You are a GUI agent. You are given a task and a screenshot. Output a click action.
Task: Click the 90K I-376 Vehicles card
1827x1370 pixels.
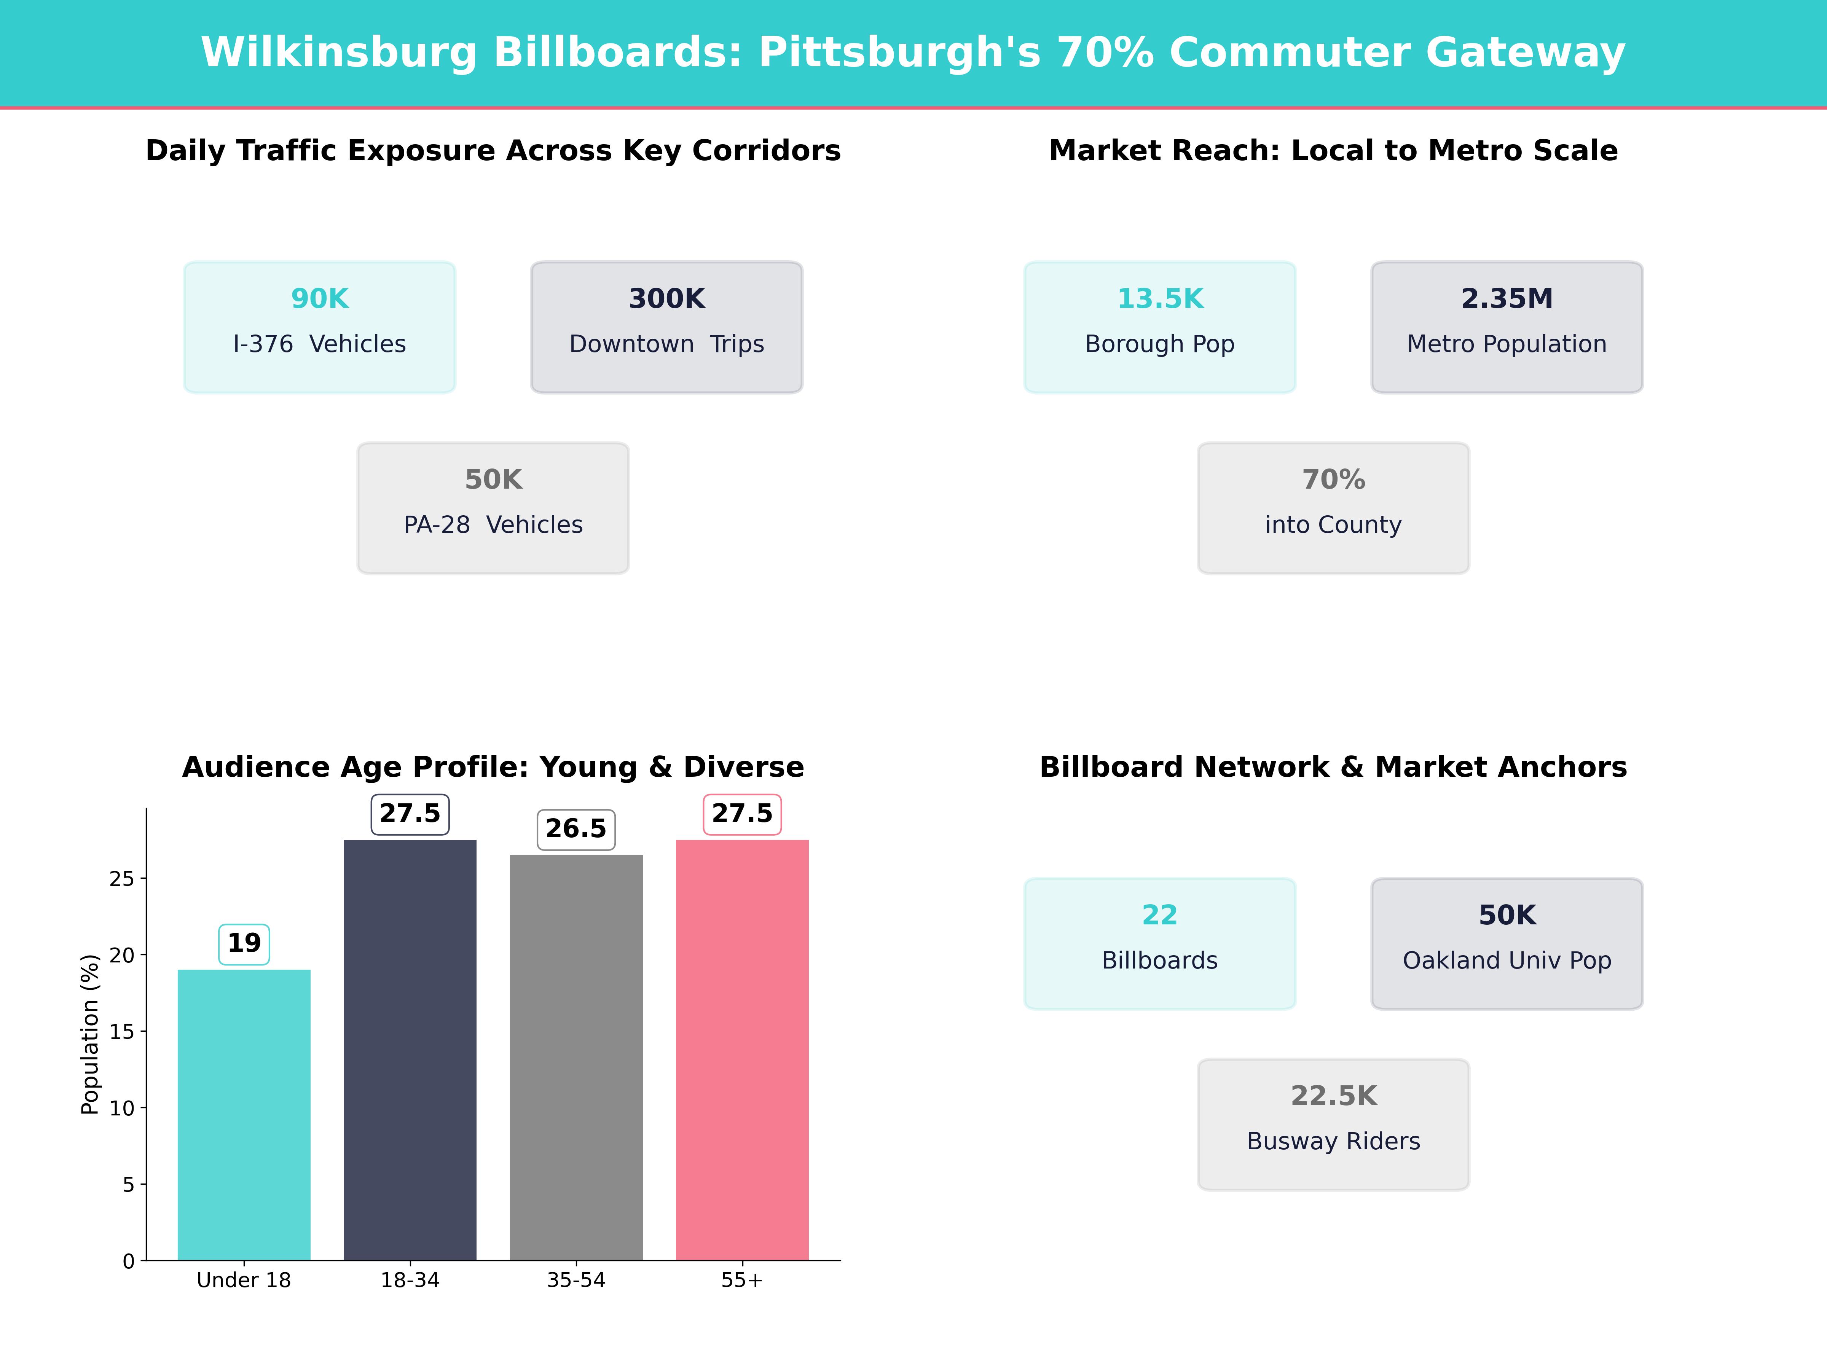pyautogui.click(x=320, y=327)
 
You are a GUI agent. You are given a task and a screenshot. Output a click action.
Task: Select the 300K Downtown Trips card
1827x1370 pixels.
pyautogui.click(x=666, y=327)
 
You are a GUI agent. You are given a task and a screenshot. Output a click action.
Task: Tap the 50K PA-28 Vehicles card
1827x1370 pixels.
pyautogui.click(x=493, y=508)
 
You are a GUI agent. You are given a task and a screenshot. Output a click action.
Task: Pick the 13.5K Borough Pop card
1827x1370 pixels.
pyautogui.click(x=1160, y=327)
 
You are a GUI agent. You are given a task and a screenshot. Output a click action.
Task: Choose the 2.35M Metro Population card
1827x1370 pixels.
pyautogui.click(x=1507, y=327)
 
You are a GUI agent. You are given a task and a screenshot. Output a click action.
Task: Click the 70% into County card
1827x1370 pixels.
pyautogui.click(x=1333, y=508)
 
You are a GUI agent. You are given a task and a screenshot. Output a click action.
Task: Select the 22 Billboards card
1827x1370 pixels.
pyautogui.click(x=1160, y=943)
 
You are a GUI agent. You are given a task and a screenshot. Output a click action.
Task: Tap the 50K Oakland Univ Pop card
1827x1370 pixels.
pyautogui.click(x=1507, y=943)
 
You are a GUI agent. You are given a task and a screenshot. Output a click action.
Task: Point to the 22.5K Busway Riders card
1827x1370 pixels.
pyautogui.click(x=1333, y=1124)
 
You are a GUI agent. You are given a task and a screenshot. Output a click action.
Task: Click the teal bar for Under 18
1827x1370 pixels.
pyautogui.click(x=244, y=1115)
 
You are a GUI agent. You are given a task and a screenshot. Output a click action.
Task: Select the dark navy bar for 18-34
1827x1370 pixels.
pyautogui.click(x=410, y=1049)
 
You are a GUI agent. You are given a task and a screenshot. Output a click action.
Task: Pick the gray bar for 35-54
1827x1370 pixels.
pyautogui.click(x=576, y=1057)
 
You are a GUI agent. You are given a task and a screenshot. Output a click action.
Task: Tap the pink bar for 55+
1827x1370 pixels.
pyautogui.click(x=742, y=1049)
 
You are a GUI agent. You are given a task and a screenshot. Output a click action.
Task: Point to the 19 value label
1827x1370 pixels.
pyautogui.click(x=244, y=943)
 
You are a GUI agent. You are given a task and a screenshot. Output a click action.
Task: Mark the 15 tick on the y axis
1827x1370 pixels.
pyautogui.click(x=121, y=1031)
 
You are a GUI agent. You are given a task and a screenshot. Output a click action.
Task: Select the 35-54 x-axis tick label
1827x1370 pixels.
pyautogui.click(x=576, y=1280)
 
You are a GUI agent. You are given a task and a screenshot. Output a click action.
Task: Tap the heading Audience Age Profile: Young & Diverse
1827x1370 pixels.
pyautogui.click(x=493, y=767)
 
